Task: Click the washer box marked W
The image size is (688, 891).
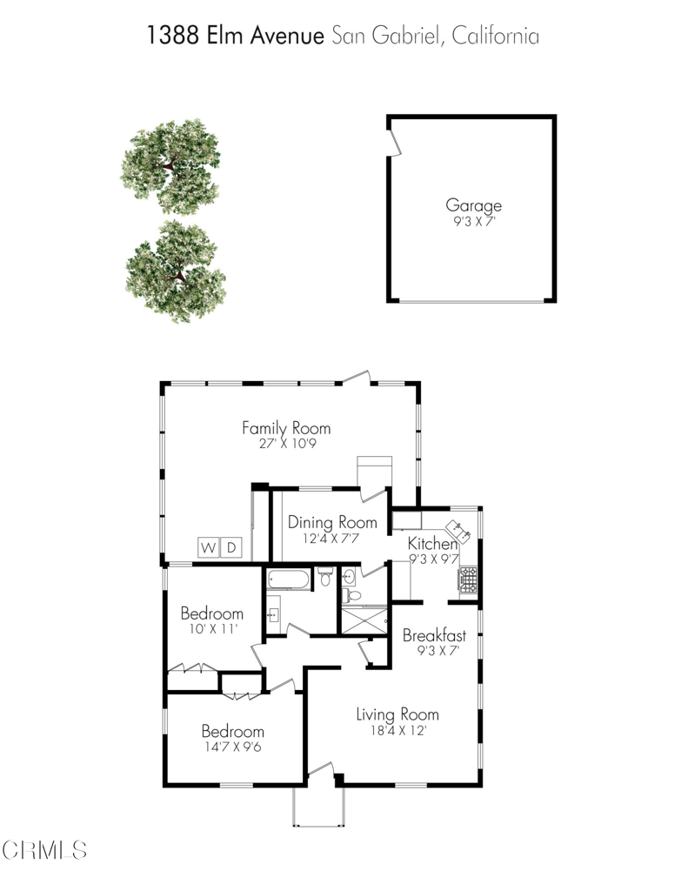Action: click(x=209, y=547)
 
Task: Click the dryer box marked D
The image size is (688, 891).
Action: click(x=231, y=547)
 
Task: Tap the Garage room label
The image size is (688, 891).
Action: click(x=473, y=205)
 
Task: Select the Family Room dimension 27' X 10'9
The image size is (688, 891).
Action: click(x=288, y=443)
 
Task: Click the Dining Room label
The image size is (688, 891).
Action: click(x=332, y=522)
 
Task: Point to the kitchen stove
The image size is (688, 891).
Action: click(x=468, y=579)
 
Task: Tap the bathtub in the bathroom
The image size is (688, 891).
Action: click(x=289, y=579)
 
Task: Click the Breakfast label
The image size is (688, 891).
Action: click(x=434, y=635)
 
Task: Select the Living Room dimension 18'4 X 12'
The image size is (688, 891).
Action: click(x=398, y=730)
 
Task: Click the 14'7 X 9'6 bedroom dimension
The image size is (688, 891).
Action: click(x=233, y=746)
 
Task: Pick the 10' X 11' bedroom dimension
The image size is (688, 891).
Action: click(x=212, y=628)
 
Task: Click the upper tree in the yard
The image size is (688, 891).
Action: click(x=170, y=166)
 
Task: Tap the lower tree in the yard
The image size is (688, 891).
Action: click(x=176, y=271)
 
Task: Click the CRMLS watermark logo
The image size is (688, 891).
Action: click(x=44, y=850)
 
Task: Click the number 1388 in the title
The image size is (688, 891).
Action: click(x=173, y=35)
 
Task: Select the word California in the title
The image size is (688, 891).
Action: click(x=496, y=35)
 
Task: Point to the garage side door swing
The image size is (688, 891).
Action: click(x=394, y=143)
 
